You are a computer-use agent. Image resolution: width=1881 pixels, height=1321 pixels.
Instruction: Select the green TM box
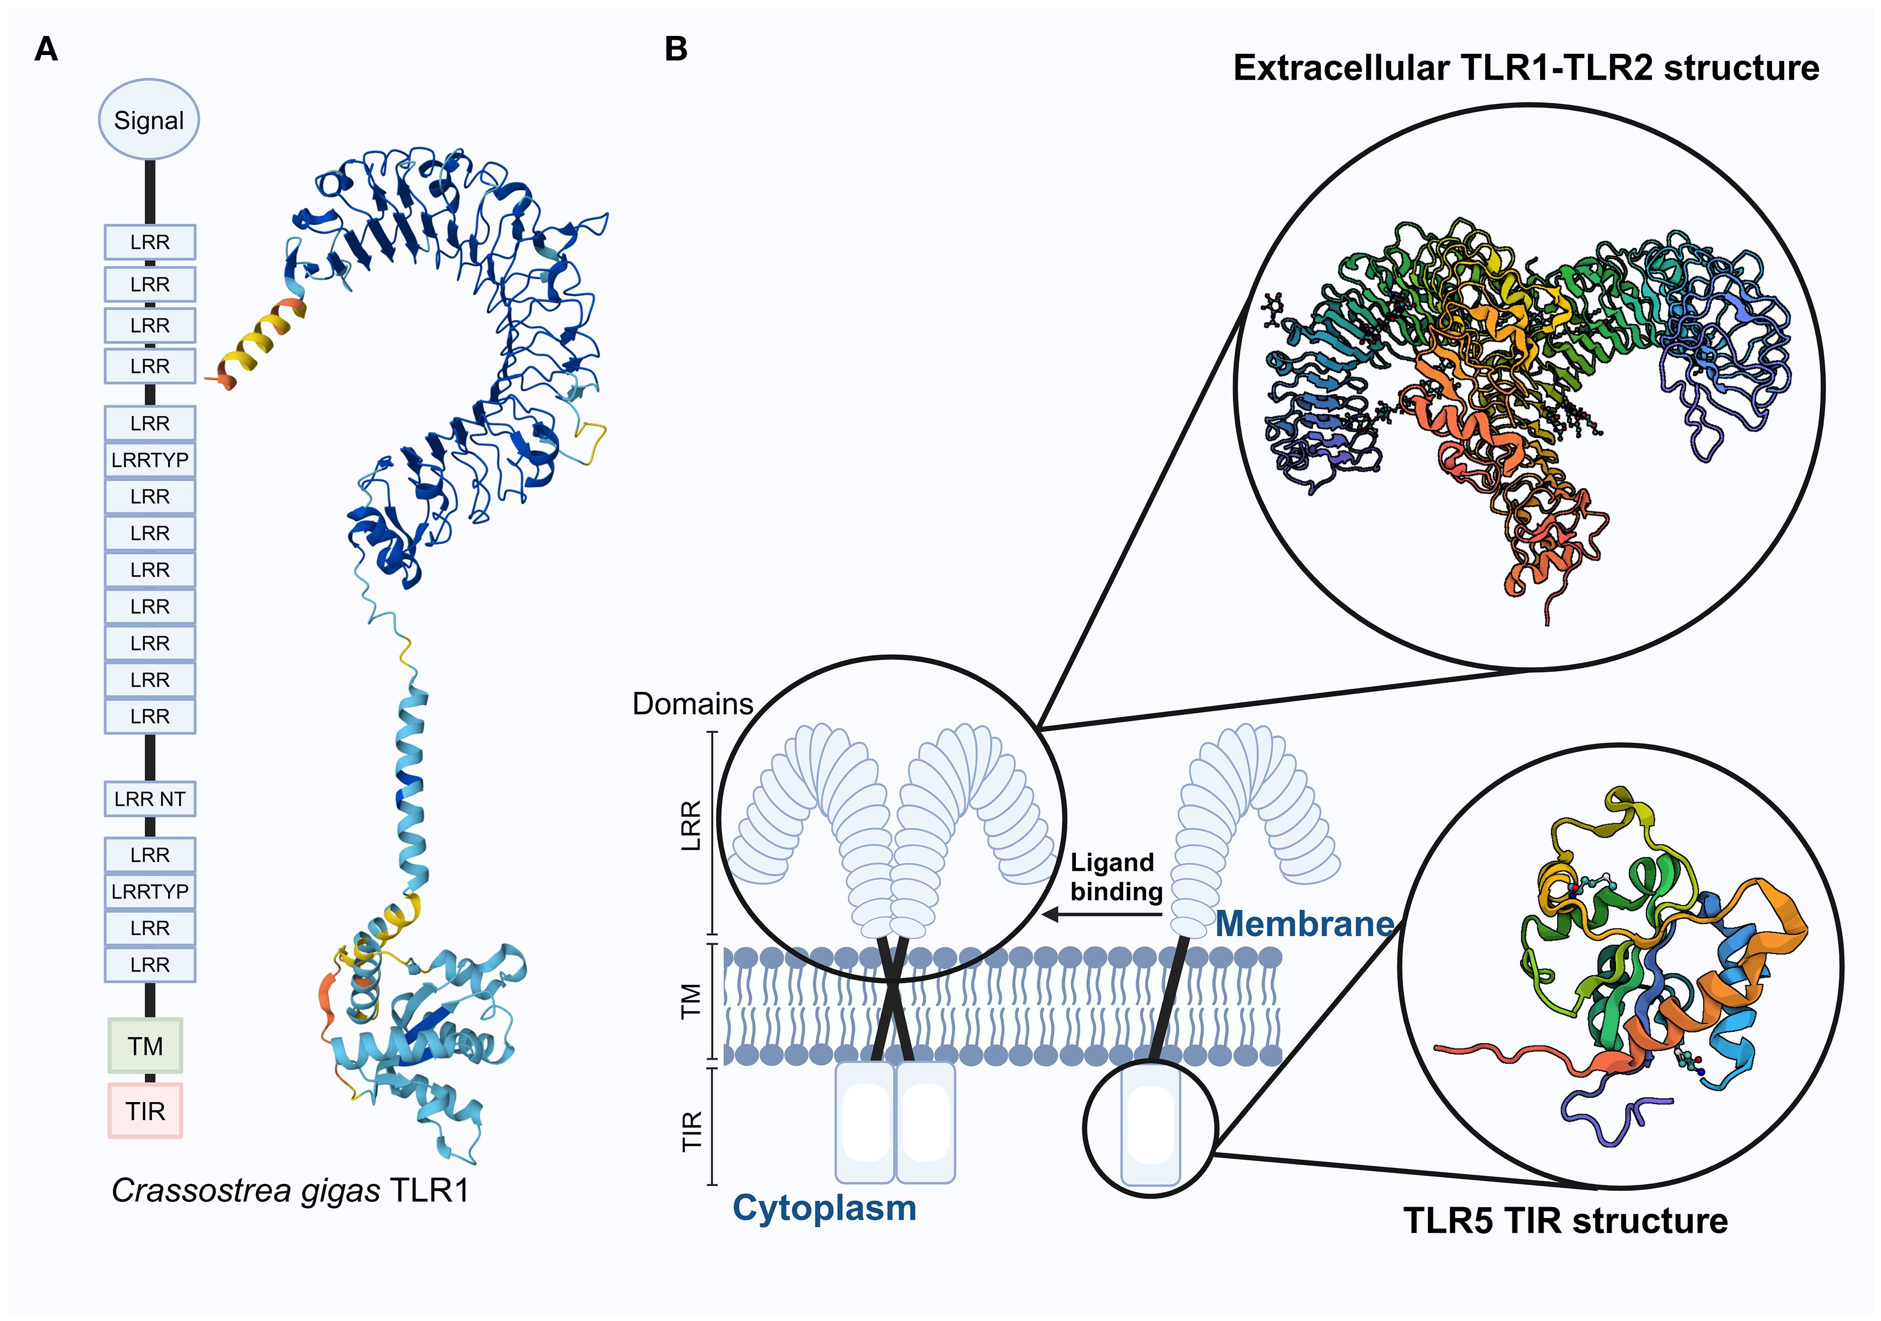pyautogui.click(x=145, y=1045)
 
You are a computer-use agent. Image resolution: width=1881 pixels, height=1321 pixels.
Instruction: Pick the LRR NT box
pyautogui.click(x=150, y=798)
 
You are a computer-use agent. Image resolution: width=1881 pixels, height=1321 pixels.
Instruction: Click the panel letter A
pyautogui.click(x=46, y=50)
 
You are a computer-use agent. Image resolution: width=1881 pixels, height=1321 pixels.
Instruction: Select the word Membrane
pyautogui.click(x=1304, y=924)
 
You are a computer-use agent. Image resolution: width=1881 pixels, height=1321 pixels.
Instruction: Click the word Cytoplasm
pyautogui.click(x=824, y=1208)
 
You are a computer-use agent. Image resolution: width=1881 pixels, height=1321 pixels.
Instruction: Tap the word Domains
pyautogui.click(x=693, y=704)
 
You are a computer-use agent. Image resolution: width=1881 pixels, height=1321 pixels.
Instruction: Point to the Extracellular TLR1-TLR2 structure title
pyautogui.click(x=1525, y=68)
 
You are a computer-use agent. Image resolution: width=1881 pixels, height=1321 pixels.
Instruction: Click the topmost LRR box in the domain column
pyautogui.click(x=150, y=242)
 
